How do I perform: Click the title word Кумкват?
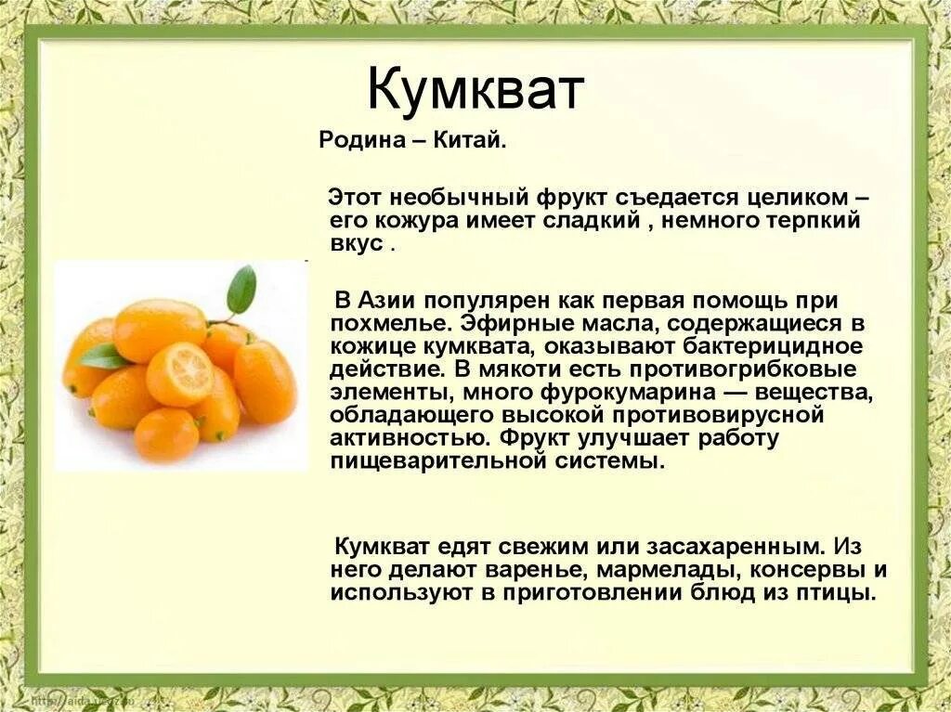[x=475, y=90]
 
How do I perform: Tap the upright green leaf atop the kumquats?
[x=241, y=289]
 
